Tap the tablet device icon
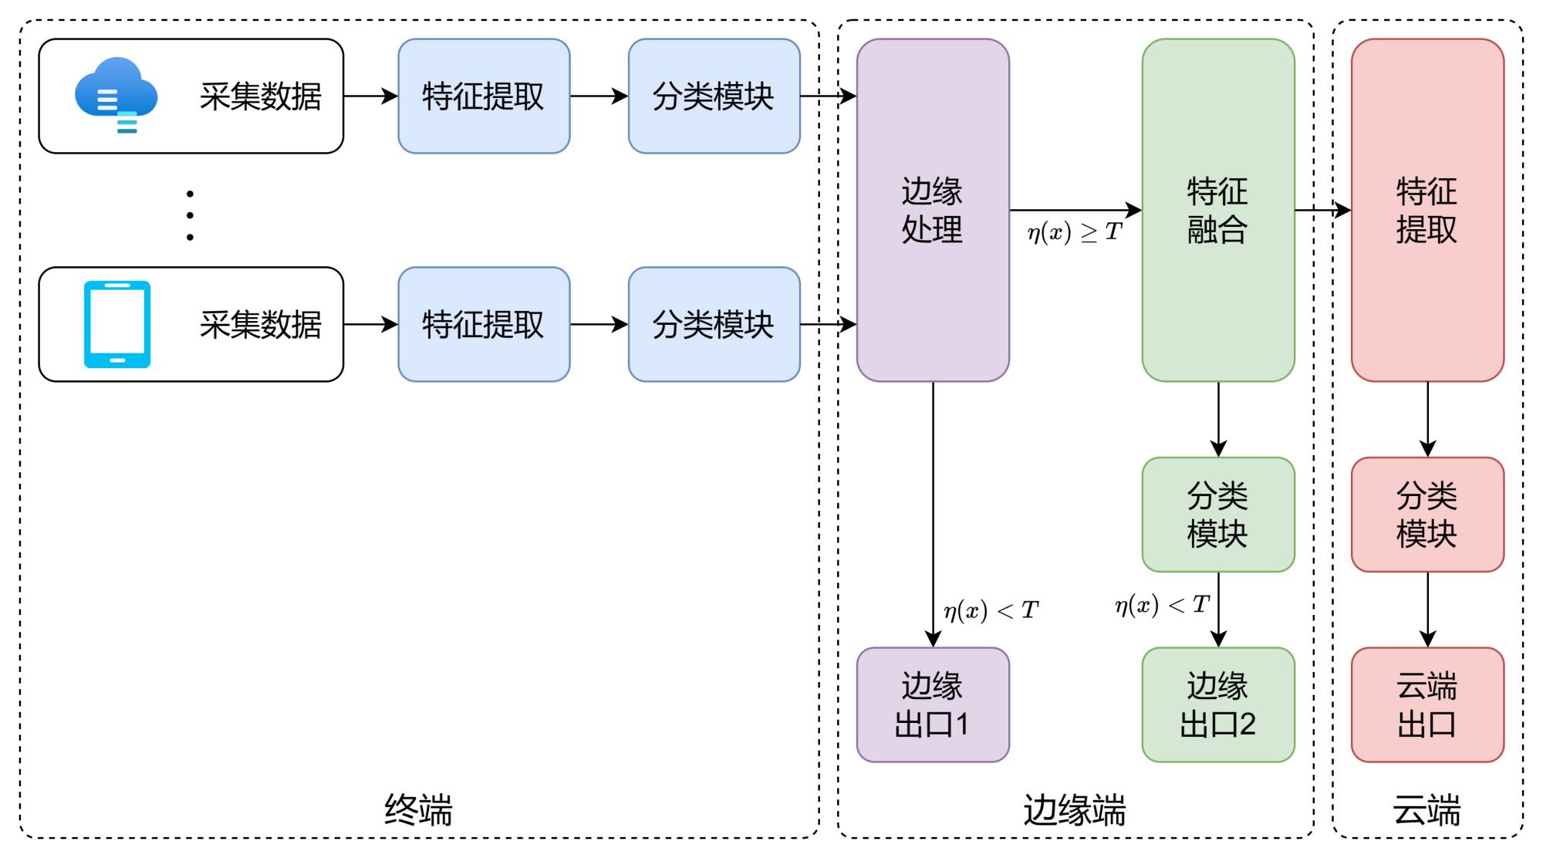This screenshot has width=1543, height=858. pyautogui.click(x=117, y=324)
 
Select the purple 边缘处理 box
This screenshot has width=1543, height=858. pyautogui.click(x=933, y=210)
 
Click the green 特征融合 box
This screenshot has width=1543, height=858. pyautogui.click(x=1218, y=210)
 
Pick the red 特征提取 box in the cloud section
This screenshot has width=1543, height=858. pyautogui.click(x=1427, y=210)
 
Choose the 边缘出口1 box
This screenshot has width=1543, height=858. pyautogui.click(x=933, y=704)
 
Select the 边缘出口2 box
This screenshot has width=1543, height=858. pyautogui.click(x=1218, y=704)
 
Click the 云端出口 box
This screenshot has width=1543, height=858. pyautogui.click(x=1427, y=704)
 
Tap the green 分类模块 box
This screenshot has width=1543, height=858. pyautogui.click(x=1218, y=515)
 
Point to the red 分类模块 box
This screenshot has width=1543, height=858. pyautogui.click(x=1427, y=515)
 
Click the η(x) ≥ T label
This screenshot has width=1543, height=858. pyautogui.click(x=1074, y=231)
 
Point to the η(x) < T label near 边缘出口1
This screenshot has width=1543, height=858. pyautogui.click(x=991, y=611)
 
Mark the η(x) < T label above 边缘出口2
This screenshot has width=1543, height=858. pyautogui.click(x=1162, y=605)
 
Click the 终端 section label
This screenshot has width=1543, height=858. pyautogui.click(x=418, y=810)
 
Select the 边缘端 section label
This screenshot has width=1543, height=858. pyautogui.click(x=1075, y=810)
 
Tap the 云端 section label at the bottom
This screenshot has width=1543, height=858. pyautogui.click(x=1427, y=810)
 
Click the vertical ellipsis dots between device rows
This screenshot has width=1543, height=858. pyautogui.click(x=190, y=215)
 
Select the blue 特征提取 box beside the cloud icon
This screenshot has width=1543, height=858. pyautogui.click(x=484, y=96)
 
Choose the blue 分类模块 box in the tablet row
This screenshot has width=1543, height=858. pyautogui.click(x=714, y=324)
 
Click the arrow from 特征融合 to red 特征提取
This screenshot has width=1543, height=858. pyautogui.click(x=1322, y=210)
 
